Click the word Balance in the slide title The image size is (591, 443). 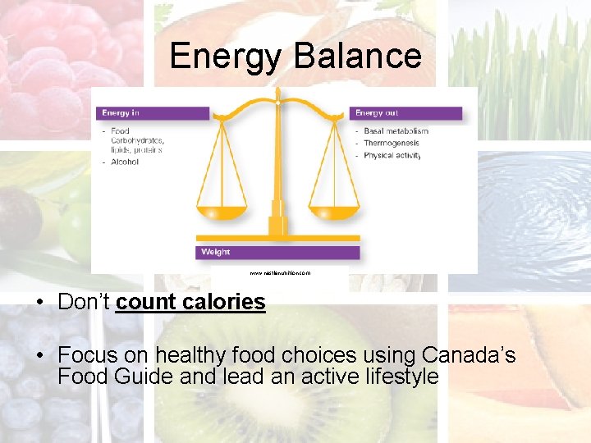point(355,57)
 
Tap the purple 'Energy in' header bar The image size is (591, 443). point(153,113)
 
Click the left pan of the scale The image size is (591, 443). point(222,212)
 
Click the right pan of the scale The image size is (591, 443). point(336,212)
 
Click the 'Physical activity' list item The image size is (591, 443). point(392,155)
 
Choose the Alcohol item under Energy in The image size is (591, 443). point(125,162)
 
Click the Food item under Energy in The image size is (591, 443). point(120,130)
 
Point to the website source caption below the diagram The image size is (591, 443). point(280,272)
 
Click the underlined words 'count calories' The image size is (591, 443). point(190,302)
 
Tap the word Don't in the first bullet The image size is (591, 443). point(84,302)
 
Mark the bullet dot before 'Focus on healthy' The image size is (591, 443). point(40,356)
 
